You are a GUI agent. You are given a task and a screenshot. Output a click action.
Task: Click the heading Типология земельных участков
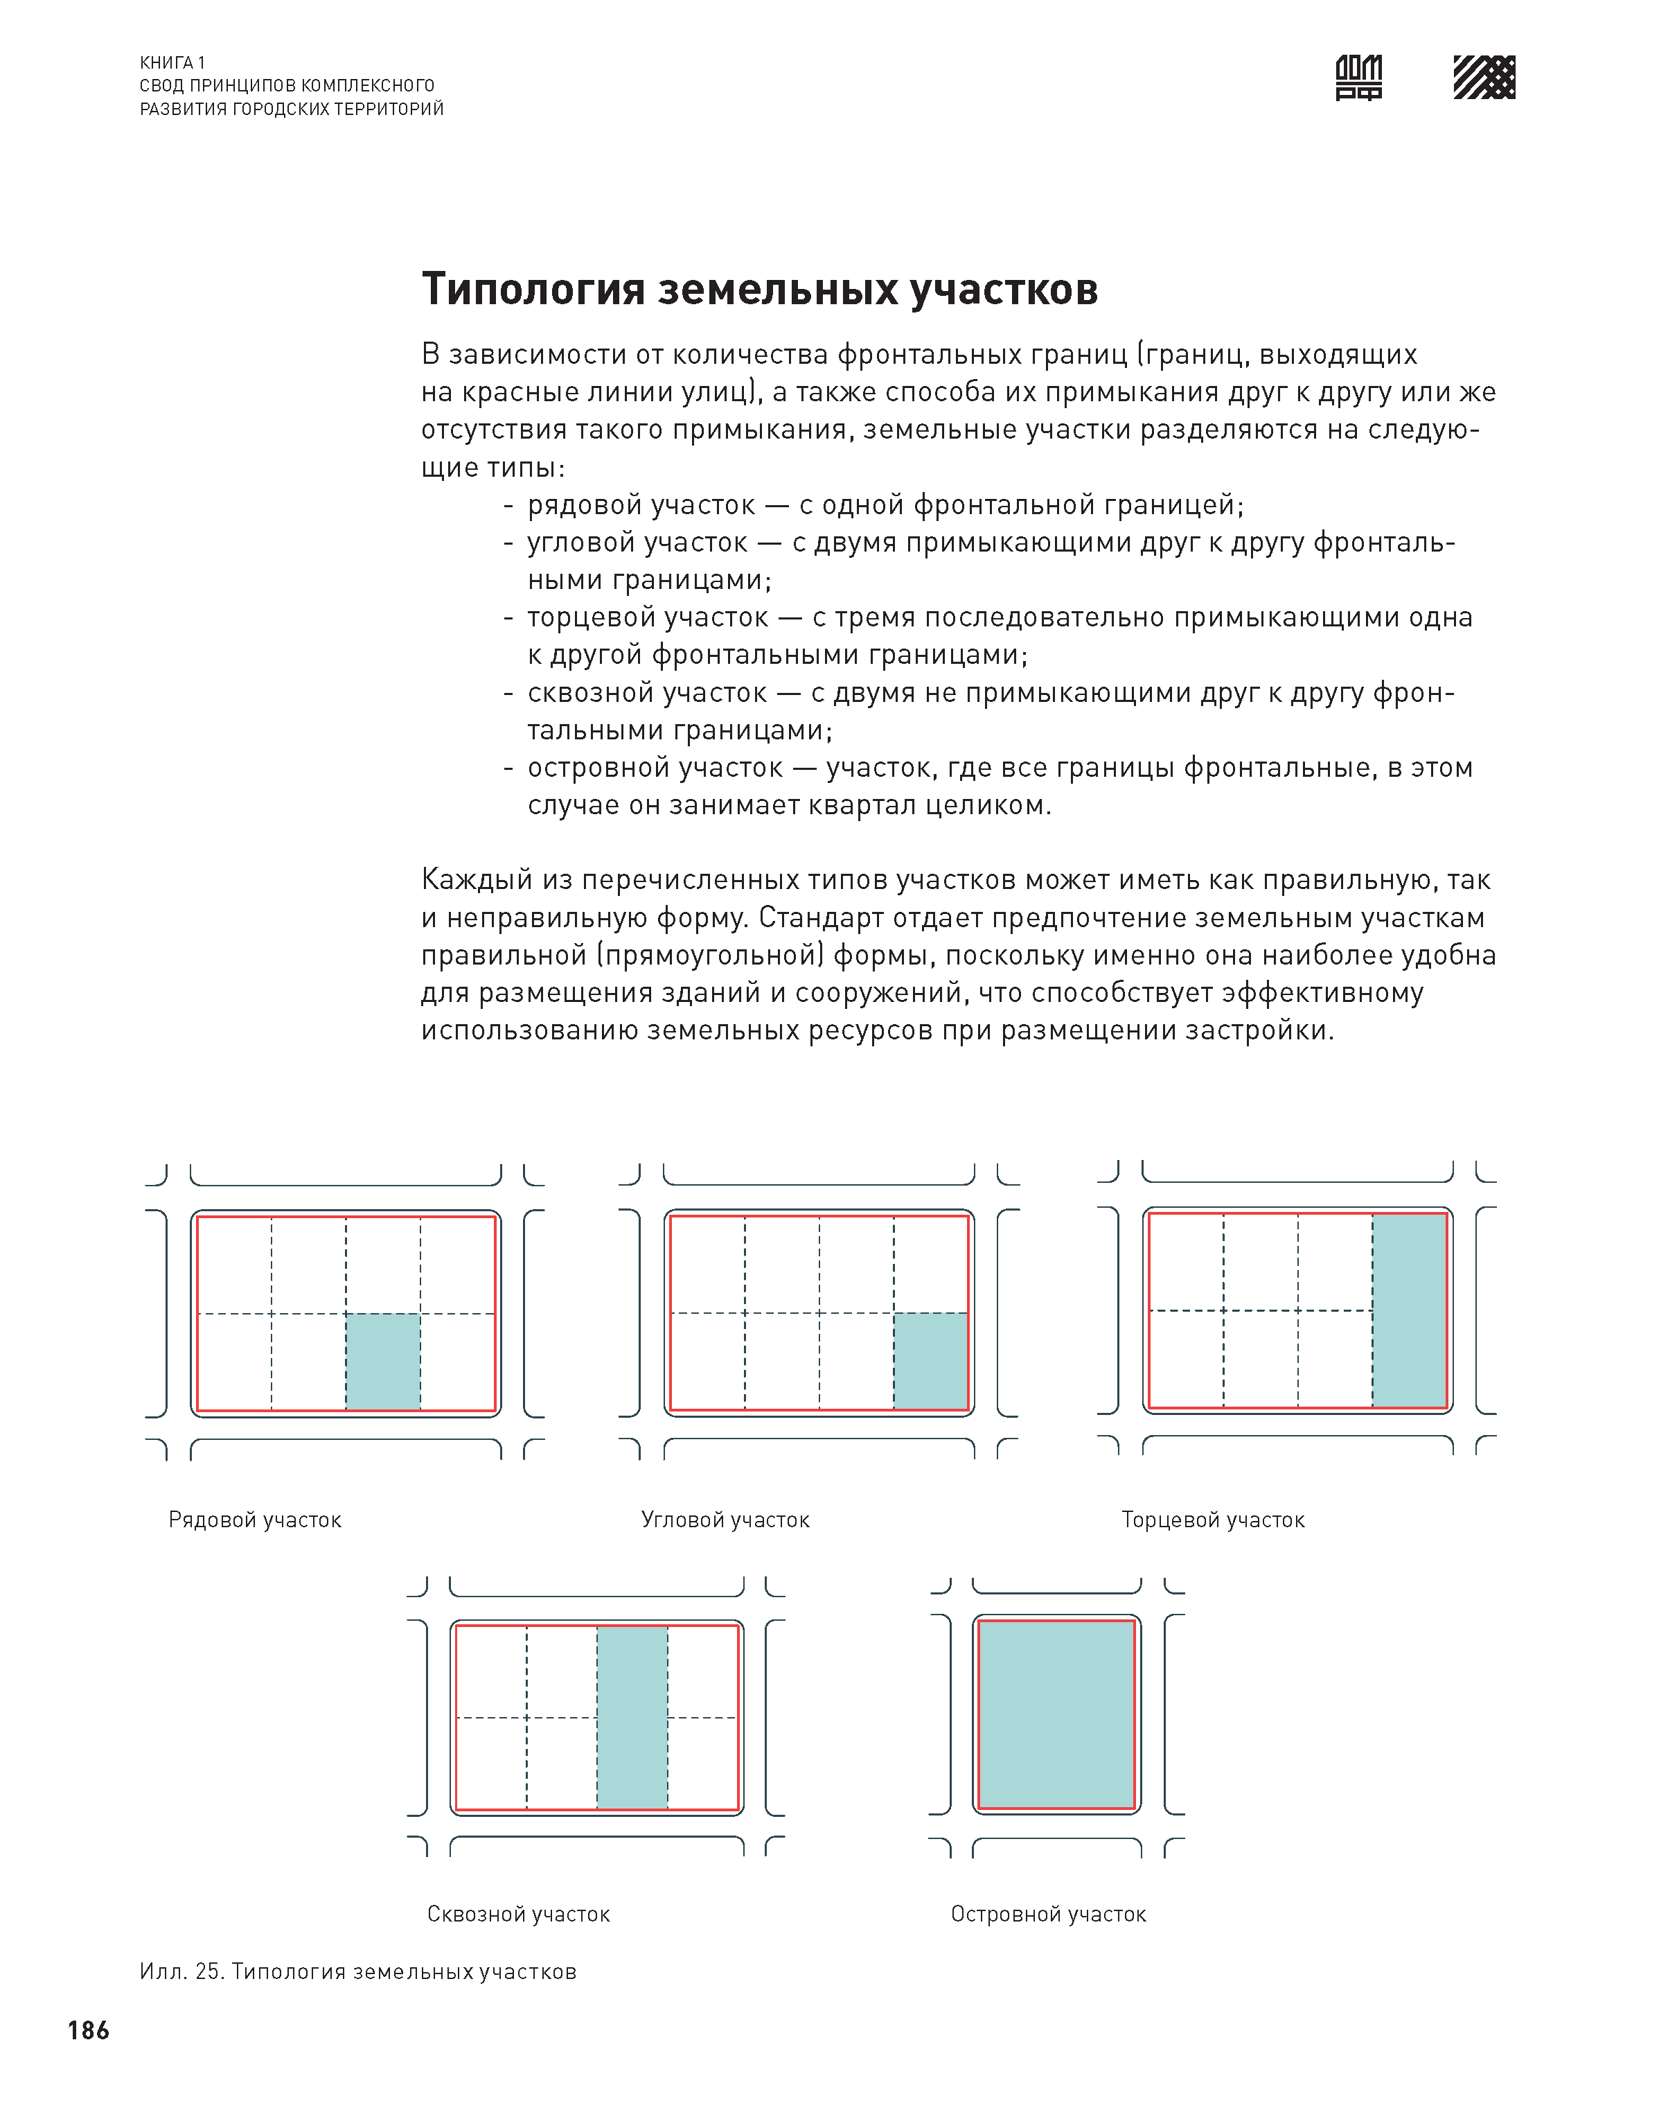(x=759, y=290)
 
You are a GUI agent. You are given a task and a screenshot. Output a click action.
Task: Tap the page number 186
(x=89, y=2030)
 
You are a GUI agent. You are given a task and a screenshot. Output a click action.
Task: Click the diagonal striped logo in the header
(x=1484, y=78)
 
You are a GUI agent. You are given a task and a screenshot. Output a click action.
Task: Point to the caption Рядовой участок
(x=254, y=1520)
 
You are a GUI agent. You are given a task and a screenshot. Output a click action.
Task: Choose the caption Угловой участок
(x=725, y=1520)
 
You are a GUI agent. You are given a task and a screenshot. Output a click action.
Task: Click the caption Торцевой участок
(x=1213, y=1520)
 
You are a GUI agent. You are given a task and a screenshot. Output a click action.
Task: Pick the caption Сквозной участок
(x=518, y=1914)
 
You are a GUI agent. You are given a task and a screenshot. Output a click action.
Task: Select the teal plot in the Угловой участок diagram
(x=930, y=1361)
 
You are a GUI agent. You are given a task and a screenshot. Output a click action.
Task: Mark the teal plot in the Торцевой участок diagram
(x=1409, y=1310)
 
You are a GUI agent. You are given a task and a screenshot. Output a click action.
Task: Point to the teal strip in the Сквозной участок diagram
(x=632, y=1718)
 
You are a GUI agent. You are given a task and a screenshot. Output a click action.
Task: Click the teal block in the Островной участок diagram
(x=1056, y=1714)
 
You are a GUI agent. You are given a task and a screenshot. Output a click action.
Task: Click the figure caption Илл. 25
(x=357, y=1972)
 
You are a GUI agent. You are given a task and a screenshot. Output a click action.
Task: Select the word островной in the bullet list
(x=585, y=768)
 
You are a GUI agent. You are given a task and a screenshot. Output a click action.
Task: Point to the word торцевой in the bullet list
(x=586, y=617)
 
